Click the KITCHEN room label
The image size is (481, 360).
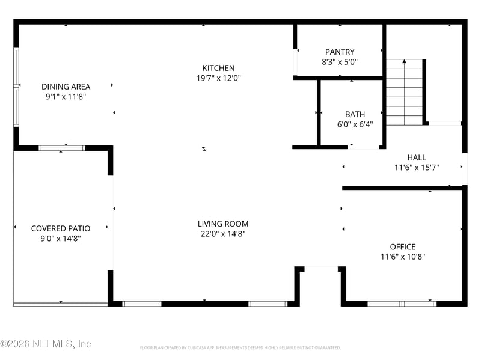[x=218, y=68]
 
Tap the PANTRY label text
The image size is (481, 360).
[x=340, y=52]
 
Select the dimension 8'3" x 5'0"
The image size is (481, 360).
[x=340, y=61]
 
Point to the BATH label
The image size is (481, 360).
[x=355, y=114]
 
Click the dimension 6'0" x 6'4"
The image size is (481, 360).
[x=355, y=124]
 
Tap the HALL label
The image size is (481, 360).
[x=417, y=157]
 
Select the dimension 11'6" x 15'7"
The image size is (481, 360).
[x=417, y=168]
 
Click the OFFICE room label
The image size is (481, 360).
[x=403, y=246]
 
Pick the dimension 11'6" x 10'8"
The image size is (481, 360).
[x=403, y=257]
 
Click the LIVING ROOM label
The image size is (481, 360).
[x=223, y=224]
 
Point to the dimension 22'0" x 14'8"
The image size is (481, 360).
[x=223, y=234]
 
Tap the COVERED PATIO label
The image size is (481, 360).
[x=61, y=228]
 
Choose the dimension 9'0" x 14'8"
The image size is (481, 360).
[x=61, y=239]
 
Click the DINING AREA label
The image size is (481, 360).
[x=66, y=87]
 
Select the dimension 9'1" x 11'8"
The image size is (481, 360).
[x=66, y=96]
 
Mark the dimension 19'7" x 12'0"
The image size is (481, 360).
[x=218, y=78]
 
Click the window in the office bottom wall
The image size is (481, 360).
[x=402, y=304]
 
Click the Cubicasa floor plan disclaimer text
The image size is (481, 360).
[x=240, y=347]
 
